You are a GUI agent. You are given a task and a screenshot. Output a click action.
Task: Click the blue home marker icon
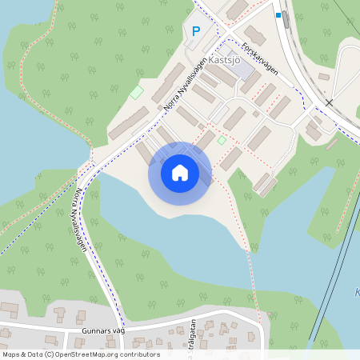180,173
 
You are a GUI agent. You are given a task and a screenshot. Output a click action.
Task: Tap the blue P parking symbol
196,32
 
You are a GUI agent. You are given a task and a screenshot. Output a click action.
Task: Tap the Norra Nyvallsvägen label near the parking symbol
186,82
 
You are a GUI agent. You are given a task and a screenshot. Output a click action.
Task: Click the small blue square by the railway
278,14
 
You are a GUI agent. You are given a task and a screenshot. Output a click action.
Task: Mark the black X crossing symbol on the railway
329,102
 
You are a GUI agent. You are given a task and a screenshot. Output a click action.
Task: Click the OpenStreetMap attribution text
81,354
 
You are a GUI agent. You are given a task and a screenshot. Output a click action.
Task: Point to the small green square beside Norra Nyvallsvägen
137,93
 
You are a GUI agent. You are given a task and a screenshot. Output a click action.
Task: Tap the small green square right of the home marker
222,141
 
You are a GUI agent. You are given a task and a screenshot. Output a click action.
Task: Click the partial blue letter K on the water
357,293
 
